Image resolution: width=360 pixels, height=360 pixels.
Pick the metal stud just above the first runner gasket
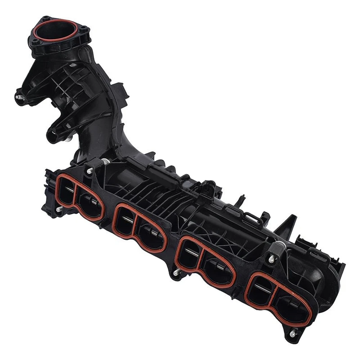tap(90, 171)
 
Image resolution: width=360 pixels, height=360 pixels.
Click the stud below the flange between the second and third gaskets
tap(175, 273)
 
